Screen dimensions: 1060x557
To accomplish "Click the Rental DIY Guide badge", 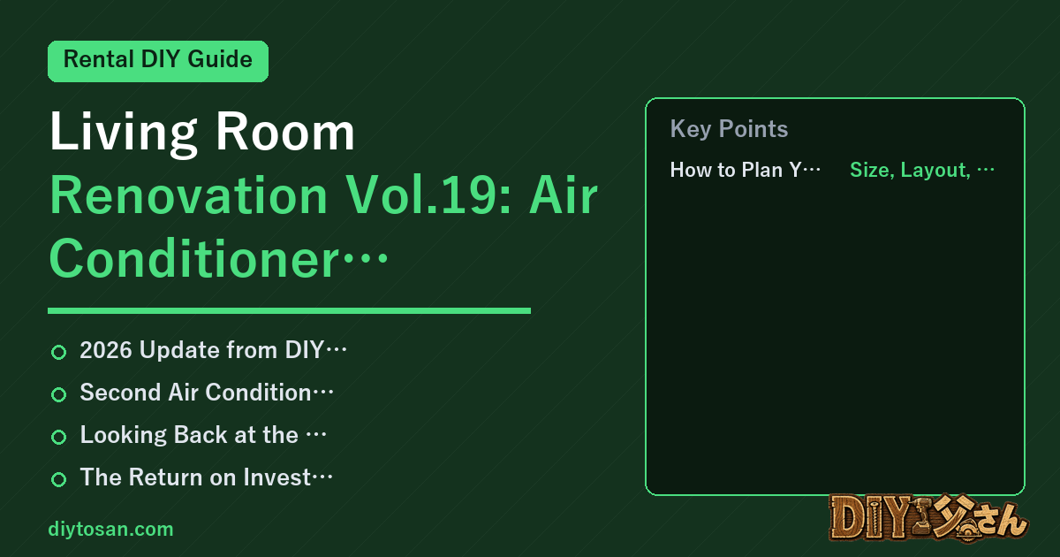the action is point(158,61).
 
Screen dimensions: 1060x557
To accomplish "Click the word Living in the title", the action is point(124,134).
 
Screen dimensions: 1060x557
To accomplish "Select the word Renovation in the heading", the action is point(188,195).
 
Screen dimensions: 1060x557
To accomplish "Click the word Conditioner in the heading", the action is point(194,259).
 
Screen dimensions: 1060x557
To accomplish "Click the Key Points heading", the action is point(729,129).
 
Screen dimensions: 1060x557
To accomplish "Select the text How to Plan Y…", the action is point(745,170).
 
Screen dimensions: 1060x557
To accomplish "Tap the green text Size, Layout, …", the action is point(922,170).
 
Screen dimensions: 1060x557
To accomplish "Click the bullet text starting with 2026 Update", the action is point(213,350).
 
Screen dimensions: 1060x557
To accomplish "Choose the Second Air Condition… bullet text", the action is point(207,393).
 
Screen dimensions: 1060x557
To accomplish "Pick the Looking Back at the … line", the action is point(203,435).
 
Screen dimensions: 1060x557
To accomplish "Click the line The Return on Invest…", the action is point(206,477).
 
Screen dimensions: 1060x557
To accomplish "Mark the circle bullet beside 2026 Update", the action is point(58,353).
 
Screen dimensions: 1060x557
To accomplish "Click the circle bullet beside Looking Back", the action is point(58,437).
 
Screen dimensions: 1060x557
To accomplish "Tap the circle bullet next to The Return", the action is point(58,479).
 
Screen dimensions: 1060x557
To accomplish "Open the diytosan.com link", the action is point(110,529).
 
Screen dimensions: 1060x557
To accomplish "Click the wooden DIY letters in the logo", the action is point(870,517).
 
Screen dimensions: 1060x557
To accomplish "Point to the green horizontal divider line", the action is point(289,310).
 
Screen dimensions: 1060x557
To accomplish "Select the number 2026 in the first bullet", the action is point(106,350).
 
